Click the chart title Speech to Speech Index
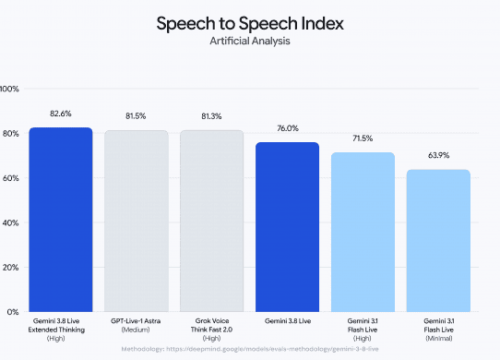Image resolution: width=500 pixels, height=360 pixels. [x=250, y=23]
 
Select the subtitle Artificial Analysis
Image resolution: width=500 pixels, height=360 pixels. [x=250, y=41]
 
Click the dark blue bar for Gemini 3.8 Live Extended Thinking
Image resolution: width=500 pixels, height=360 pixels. [x=61, y=220]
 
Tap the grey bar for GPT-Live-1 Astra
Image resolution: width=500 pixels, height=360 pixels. [x=137, y=221]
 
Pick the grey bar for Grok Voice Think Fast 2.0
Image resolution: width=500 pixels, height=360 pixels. [x=212, y=221]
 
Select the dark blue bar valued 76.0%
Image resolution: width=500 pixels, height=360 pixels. [x=287, y=227]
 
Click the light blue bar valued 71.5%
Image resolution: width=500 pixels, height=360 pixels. [x=363, y=232]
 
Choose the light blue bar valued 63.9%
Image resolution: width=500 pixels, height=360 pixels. [x=438, y=241]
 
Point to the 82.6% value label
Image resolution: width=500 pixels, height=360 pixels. [x=61, y=114]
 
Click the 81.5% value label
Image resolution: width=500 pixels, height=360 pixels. [x=136, y=116]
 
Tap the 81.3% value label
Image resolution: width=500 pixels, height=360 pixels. [x=211, y=116]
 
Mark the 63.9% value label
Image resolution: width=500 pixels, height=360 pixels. [x=439, y=155]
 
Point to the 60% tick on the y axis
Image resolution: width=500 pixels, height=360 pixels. [x=11, y=178]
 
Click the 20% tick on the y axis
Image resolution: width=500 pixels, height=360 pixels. [x=11, y=268]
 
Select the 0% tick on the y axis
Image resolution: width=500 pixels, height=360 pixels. [x=13, y=312]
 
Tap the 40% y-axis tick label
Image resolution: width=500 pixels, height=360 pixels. [x=11, y=222]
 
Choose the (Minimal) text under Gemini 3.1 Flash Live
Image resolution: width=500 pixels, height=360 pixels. [x=439, y=338]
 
